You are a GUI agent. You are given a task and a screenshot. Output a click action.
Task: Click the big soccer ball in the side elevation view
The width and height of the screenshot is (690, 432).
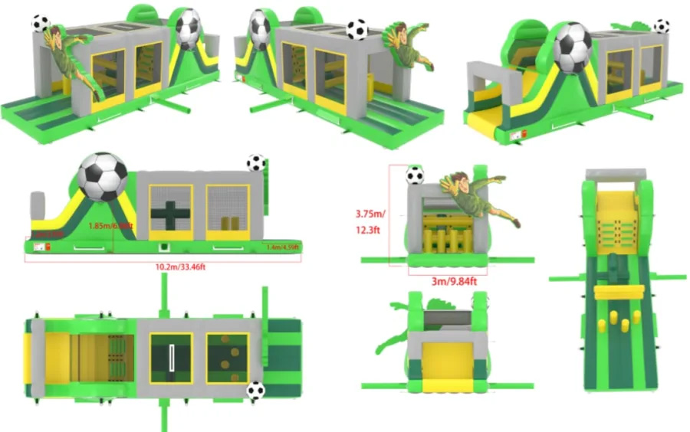pos(103,177)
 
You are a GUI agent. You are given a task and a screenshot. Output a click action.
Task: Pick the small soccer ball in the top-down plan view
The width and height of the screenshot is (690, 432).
pos(255,391)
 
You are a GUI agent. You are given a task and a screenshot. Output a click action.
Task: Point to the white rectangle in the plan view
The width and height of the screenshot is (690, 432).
pos(172,357)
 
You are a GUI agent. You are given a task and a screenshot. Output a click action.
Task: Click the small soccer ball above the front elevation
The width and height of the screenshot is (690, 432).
pos(415,175)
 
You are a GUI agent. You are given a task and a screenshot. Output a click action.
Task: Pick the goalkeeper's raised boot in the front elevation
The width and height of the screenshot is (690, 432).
pos(514,223)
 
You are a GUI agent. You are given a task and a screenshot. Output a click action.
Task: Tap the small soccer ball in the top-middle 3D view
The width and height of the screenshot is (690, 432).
pos(356,29)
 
